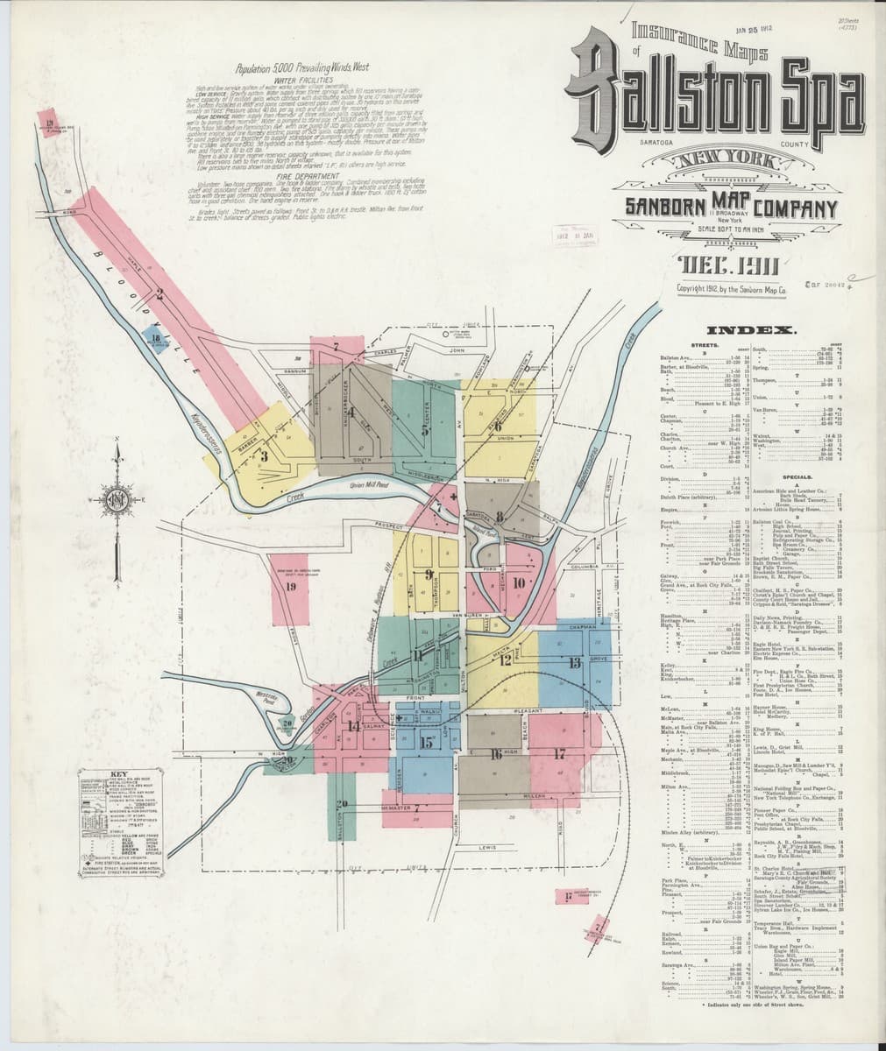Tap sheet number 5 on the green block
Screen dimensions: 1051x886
click(x=426, y=430)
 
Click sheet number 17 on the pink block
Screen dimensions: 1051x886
click(x=558, y=753)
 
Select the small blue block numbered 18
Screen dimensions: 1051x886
click(x=155, y=338)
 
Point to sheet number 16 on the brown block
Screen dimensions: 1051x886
click(x=496, y=754)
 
